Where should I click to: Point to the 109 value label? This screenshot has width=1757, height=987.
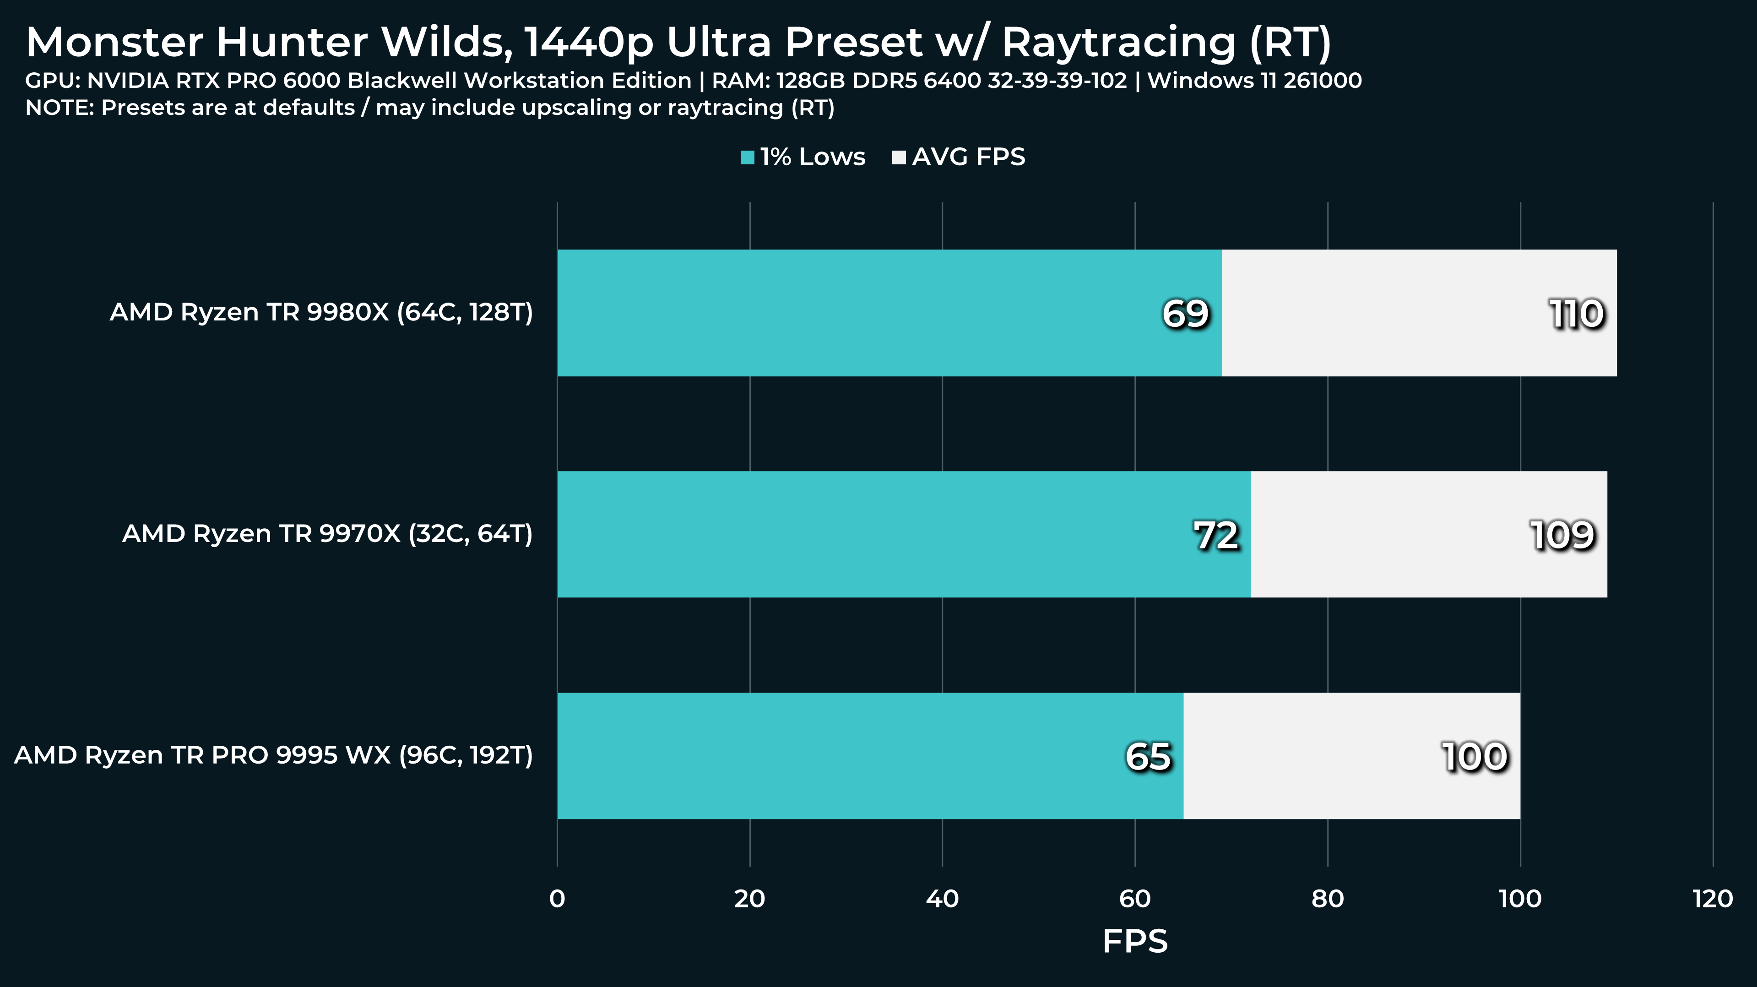pos(1562,536)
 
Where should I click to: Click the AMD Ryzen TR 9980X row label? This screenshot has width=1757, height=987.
pos(321,312)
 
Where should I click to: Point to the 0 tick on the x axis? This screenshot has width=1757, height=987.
pos(557,899)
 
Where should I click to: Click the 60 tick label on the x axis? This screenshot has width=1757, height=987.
pos(1135,899)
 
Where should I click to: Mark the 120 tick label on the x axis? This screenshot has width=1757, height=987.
pos(1713,899)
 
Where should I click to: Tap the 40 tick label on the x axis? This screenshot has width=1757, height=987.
pos(942,899)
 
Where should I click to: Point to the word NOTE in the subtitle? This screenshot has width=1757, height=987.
pos(59,108)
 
